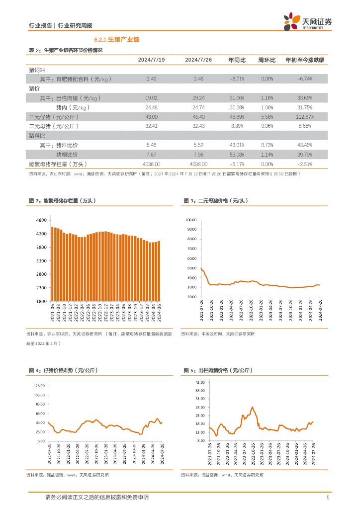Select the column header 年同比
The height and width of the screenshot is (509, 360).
coord(237,60)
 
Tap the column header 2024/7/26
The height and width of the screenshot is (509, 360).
coord(198,60)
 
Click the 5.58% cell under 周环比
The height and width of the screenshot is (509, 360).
coord(267,117)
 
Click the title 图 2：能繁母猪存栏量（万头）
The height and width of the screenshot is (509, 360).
coord(62,201)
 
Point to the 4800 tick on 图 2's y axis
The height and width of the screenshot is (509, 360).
coord(41,220)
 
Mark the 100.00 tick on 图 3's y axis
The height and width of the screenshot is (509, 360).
coord(192,220)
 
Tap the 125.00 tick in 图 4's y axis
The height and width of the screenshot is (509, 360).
coord(39,386)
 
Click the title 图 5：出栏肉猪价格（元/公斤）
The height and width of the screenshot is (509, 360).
coord(218,370)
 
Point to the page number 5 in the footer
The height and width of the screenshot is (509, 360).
coord(328,498)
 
